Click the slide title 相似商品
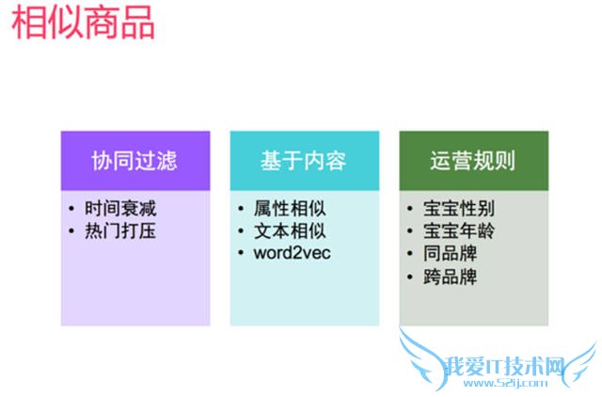[x=84, y=23]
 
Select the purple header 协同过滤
[x=134, y=160]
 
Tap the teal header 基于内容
[x=303, y=160]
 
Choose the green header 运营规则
[x=472, y=160]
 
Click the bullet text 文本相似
[x=289, y=230]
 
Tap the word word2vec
[x=293, y=253]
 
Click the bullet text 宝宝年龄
[x=458, y=230]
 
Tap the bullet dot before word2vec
[x=242, y=253]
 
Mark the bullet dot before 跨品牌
[x=411, y=277]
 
